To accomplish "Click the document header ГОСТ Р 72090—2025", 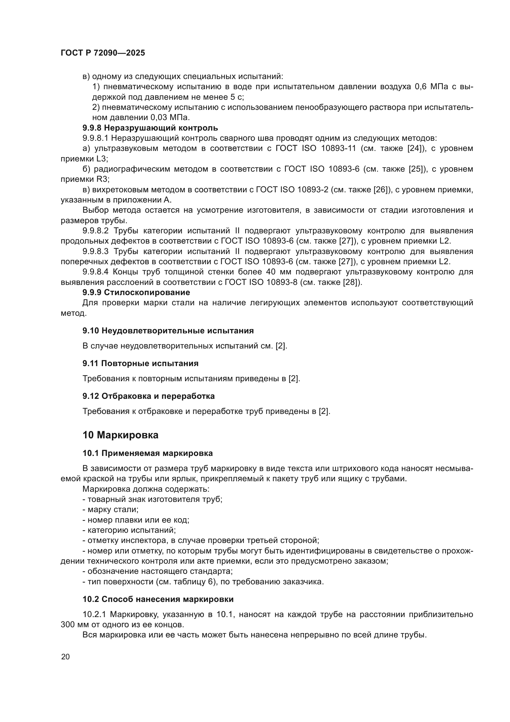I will (x=103, y=53).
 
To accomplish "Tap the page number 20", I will (x=65, y=657).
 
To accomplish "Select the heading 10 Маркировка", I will (x=120, y=435).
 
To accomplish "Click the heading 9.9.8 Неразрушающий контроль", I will (x=150, y=128).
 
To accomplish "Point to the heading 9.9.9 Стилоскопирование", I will (x=136, y=292).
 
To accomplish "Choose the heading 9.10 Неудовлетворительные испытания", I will (x=168, y=331).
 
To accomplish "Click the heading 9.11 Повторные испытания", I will (x=140, y=364).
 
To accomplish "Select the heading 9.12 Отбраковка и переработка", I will (x=149, y=396).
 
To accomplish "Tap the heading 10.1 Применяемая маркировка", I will (x=148, y=453).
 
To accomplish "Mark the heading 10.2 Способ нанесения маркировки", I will (x=158, y=599).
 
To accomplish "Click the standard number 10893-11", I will (x=339, y=148).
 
